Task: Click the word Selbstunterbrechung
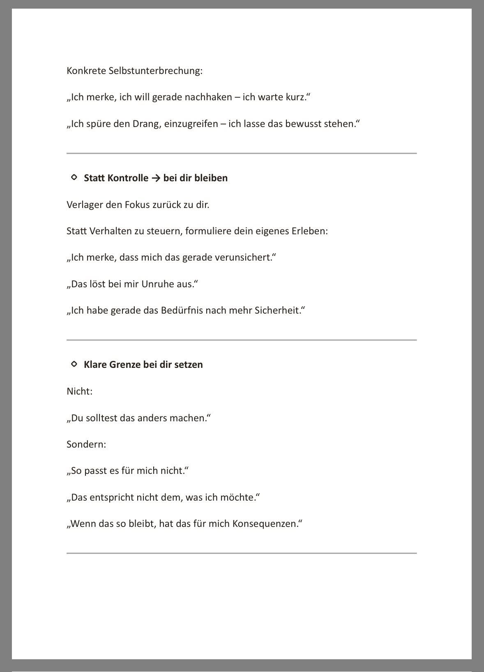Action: click(x=155, y=71)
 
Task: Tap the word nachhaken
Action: click(x=208, y=97)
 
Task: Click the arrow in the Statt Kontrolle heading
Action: click(x=156, y=178)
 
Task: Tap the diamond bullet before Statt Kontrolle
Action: click(x=74, y=178)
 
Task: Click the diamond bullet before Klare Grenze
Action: click(x=74, y=364)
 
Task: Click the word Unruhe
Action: click(x=158, y=284)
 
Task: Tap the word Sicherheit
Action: click(x=278, y=310)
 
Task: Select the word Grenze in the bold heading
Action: click(x=124, y=365)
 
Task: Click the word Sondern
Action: click(x=85, y=444)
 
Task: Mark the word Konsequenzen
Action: click(x=266, y=524)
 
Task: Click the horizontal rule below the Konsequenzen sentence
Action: click(x=242, y=553)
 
